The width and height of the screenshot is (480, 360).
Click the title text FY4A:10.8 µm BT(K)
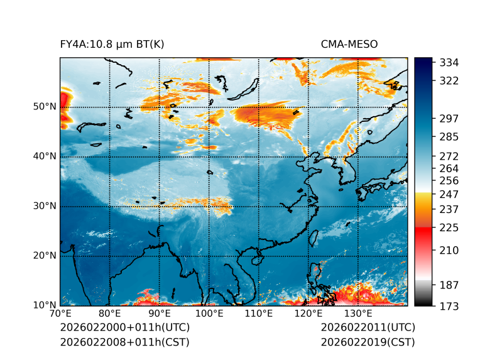tap(112, 44)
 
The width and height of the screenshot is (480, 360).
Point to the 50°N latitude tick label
tap(44, 107)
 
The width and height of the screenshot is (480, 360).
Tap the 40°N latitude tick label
tap(44, 156)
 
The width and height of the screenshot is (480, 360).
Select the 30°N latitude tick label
tap(44, 206)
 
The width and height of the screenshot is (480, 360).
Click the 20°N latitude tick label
tap(44, 256)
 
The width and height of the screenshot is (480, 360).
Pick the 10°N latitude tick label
tap(44, 305)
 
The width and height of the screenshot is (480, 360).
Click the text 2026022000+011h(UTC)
tap(124, 328)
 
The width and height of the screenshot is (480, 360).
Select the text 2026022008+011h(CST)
tap(124, 342)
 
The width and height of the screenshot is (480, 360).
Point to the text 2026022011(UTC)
tap(368, 328)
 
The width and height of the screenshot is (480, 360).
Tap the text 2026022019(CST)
tap(368, 342)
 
